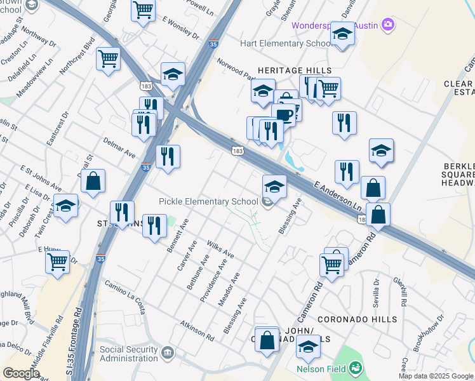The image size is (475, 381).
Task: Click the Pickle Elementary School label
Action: [x=210, y=202]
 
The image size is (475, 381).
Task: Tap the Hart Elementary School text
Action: [x=286, y=43]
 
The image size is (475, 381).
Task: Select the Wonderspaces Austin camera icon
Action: [x=388, y=25]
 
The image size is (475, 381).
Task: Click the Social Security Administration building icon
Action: [x=167, y=352]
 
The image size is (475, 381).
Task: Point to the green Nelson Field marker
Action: [x=356, y=368]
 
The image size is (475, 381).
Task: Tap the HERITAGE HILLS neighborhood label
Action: [x=294, y=70]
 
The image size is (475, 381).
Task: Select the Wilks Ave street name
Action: [x=221, y=250]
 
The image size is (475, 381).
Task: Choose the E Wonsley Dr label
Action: [x=181, y=29]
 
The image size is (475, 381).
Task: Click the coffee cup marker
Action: [x=283, y=115]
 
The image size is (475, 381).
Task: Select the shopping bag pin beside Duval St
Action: [x=93, y=181]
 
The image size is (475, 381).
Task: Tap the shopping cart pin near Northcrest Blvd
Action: [x=109, y=60]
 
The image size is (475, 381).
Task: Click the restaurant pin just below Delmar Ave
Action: [x=168, y=156]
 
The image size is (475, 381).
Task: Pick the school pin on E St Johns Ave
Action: [x=66, y=206]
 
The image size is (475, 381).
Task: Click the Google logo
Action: [x=21, y=373]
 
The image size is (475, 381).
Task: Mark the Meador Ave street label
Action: [x=229, y=290]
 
